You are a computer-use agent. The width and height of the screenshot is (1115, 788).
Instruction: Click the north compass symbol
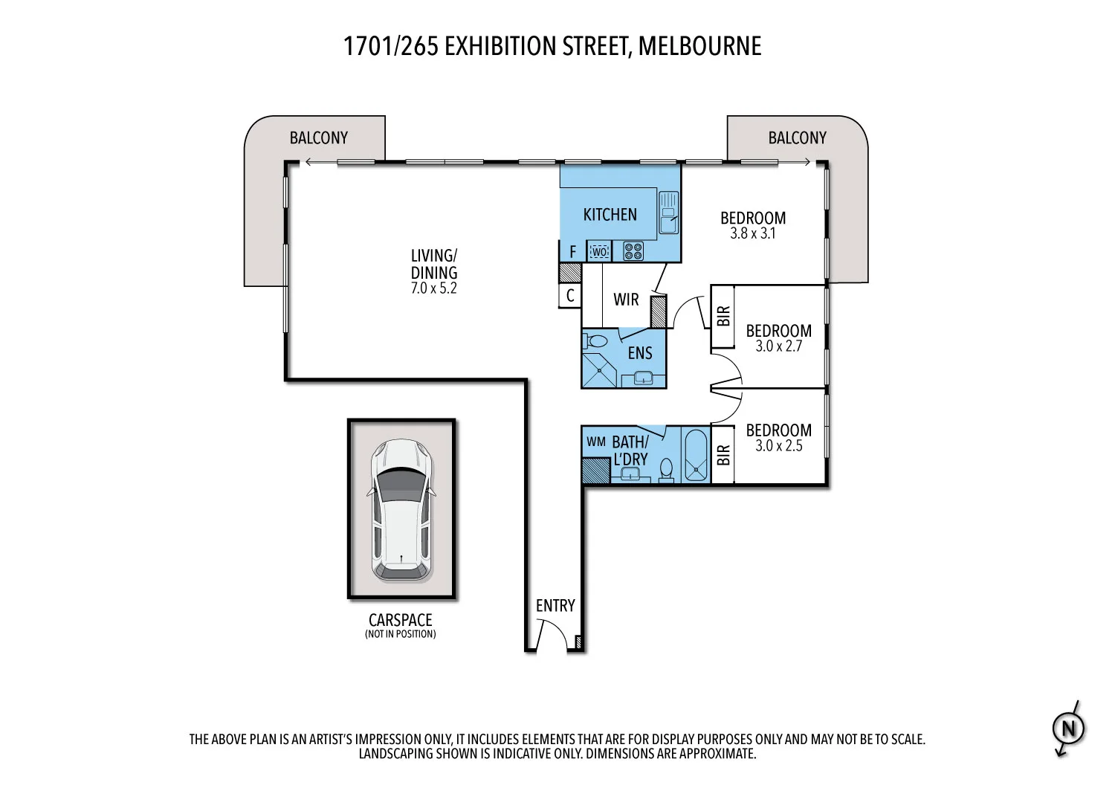[1069, 729]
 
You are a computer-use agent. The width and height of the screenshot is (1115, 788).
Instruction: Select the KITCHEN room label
[610, 215]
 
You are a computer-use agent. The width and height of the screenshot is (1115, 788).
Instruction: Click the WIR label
[626, 300]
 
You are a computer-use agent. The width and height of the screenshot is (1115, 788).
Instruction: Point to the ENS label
[639, 352]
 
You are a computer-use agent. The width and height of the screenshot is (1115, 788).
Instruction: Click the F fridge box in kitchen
[572, 252]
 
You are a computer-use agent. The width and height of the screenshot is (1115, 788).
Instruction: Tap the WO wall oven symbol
[599, 252]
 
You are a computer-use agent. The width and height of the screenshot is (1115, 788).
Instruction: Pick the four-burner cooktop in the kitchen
[633, 251]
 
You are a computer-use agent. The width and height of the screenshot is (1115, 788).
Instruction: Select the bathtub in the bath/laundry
[697, 455]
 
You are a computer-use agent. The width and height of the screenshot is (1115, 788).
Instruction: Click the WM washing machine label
[596, 442]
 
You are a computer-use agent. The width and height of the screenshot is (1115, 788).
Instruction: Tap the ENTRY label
[555, 606]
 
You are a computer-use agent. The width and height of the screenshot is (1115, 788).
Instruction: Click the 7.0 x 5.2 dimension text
[434, 288]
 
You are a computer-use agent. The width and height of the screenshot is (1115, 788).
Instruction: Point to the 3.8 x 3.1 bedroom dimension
[753, 233]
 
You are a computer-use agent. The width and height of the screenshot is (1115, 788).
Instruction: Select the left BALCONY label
[319, 138]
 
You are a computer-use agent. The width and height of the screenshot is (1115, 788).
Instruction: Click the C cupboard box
[570, 296]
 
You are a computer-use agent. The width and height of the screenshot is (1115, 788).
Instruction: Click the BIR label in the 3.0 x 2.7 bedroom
[723, 317]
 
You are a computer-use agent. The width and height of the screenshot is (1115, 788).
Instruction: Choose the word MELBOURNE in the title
[699, 46]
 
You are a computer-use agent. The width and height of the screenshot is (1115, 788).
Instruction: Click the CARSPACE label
[400, 620]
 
